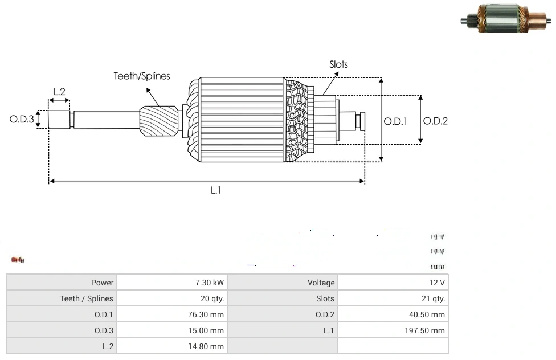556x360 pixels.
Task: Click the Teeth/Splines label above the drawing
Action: [x=142, y=76]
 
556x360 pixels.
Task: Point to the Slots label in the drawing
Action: [x=338, y=64]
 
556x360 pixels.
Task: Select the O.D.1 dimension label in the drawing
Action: [x=395, y=121]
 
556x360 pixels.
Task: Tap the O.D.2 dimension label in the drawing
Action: [x=436, y=121]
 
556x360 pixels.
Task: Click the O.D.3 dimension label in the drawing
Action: [x=22, y=120]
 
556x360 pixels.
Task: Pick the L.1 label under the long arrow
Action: [x=216, y=190]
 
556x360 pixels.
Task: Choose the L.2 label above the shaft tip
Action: [x=59, y=91]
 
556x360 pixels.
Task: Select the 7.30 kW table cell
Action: [x=210, y=283]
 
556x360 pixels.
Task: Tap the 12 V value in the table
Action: [x=437, y=283]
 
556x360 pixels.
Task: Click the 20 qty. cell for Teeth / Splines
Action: [x=210, y=298]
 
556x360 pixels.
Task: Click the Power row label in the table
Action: [x=103, y=283]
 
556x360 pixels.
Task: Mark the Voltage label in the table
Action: [x=321, y=283]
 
